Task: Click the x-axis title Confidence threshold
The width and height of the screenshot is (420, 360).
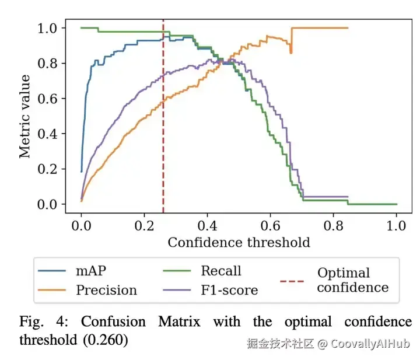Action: (239, 242)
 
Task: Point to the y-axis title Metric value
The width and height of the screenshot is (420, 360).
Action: (24, 117)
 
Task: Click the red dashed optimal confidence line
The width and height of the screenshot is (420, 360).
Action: (163, 146)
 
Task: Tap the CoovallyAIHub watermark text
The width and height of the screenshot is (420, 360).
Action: (370, 344)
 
